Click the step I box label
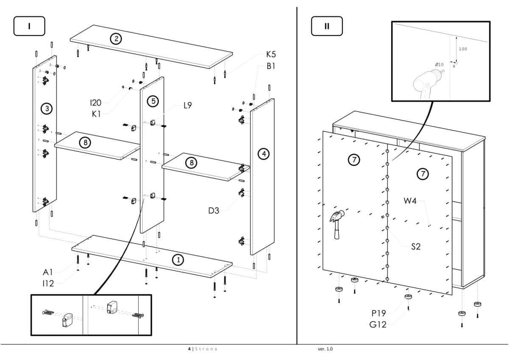tap(29, 26)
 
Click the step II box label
tap(327, 26)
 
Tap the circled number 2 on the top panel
tap(115, 39)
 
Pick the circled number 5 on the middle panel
tap(153, 101)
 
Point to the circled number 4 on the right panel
tap(264, 153)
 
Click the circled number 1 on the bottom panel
tap(178, 260)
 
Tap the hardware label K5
tap(271, 54)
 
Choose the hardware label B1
tap(271, 66)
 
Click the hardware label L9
tap(187, 106)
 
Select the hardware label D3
tap(214, 210)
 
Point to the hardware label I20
tap(95, 102)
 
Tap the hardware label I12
tap(48, 284)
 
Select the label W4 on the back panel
tap(410, 201)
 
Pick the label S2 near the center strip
tap(416, 246)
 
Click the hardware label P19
tap(379, 313)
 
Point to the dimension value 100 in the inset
tap(463, 49)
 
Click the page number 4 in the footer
tap(189, 349)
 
